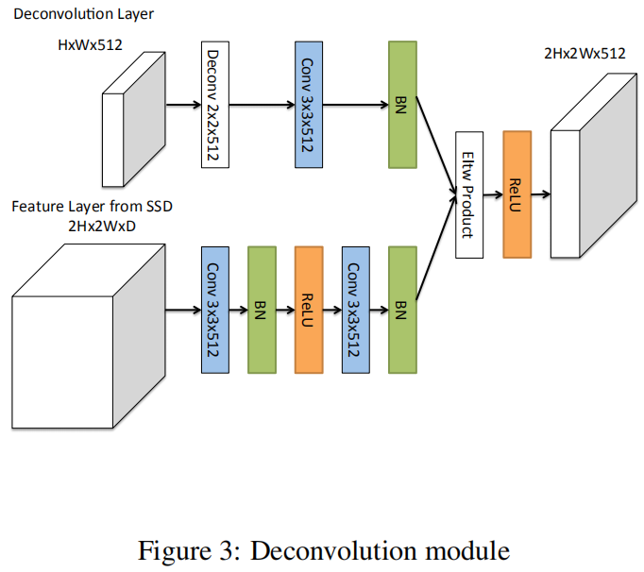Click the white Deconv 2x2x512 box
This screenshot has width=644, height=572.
pos(215,105)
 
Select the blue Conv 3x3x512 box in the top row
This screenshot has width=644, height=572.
pos(309,105)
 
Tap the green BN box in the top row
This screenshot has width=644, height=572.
pos(402,105)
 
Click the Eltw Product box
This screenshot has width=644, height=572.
pos(469,195)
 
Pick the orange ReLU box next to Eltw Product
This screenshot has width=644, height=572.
pos(517,194)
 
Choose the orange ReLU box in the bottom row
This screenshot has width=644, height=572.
pos(309,310)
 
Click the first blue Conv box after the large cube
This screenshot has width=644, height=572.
pos(215,310)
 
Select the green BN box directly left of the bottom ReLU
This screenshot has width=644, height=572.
pos(262,310)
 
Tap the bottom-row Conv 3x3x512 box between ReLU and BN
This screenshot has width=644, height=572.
pos(356,310)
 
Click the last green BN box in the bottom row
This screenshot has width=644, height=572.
pos(402,310)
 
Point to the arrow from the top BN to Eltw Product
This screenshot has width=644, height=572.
pos(436,145)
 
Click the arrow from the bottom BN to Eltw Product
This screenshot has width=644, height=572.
pos(436,247)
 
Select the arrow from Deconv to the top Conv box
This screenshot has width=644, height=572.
pos(262,105)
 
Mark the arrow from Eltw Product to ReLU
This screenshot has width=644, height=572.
pos(493,194)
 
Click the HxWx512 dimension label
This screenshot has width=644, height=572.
pos(90,44)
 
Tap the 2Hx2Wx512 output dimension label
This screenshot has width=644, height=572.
pos(585,54)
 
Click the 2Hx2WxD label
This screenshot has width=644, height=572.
pos(102,226)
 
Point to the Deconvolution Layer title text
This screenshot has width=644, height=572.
pos(83,14)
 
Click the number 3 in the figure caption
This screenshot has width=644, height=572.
pos(226,550)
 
